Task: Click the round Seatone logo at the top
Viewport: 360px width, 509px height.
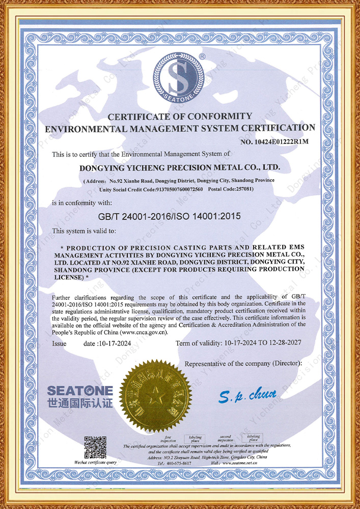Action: pyautogui.click(x=180, y=78)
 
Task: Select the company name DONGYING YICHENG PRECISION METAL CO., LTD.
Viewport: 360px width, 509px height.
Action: pyautogui.click(x=180, y=167)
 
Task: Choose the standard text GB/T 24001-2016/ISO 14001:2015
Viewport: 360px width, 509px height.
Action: pyautogui.click(x=169, y=216)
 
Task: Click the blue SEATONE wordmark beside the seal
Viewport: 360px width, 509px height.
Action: pyautogui.click(x=80, y=391)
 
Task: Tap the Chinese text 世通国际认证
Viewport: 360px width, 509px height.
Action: pyautogui.click(x=80, y=404)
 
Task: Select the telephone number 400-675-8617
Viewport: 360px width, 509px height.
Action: pyautogui.click(x=179, y=463)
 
